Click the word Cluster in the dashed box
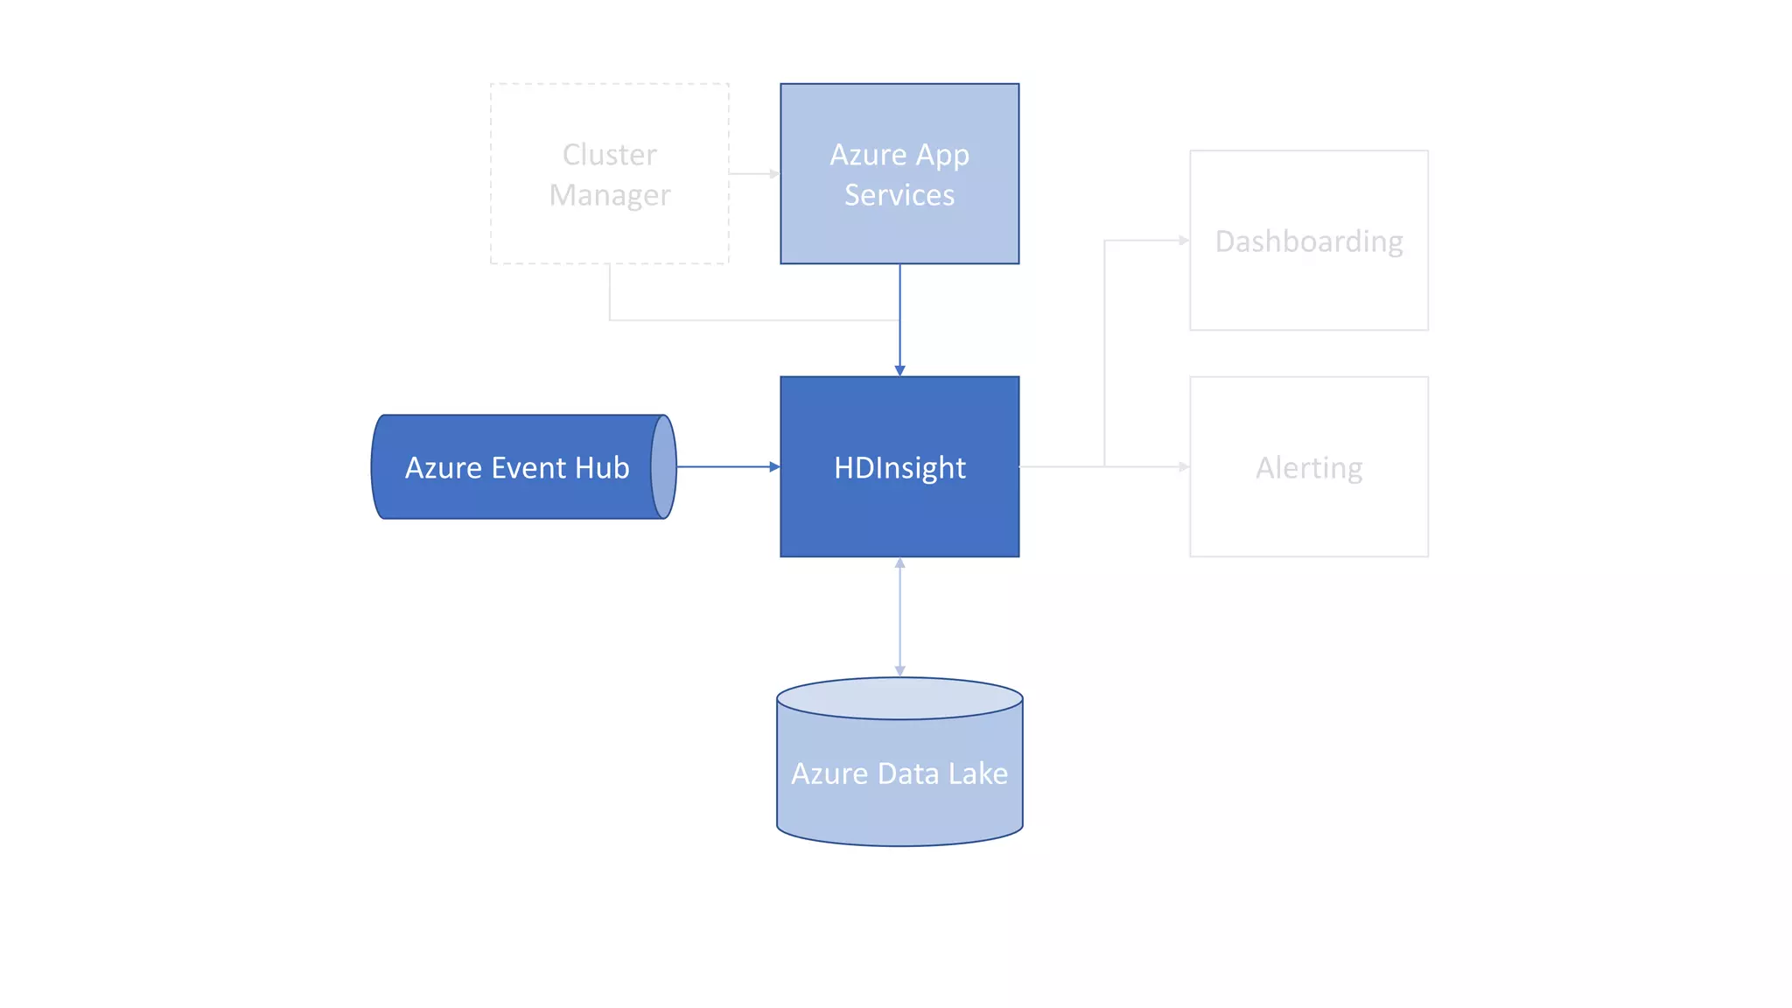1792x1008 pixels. [609, 155]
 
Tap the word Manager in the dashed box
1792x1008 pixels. [610, 195]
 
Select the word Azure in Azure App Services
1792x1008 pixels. [868, 155]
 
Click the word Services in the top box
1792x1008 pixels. [899, 195]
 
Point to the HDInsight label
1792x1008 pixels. [899, 468]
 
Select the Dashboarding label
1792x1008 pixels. [1309, 241]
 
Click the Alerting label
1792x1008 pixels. [1309, 468]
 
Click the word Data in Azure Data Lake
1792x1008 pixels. [907, 773]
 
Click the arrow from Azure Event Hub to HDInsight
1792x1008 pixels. [726, 467]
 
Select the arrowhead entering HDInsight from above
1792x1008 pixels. [899, 371]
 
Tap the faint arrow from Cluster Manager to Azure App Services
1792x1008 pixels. [753, 173]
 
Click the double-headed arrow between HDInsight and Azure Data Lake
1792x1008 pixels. [899, 617]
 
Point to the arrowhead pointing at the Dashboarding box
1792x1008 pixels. [1184, 240]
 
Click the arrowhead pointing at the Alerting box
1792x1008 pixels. [1184, 467]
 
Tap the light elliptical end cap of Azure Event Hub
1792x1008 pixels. [663, 467]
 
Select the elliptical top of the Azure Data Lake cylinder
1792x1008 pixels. [899, 698]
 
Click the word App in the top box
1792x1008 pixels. [942, 156]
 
